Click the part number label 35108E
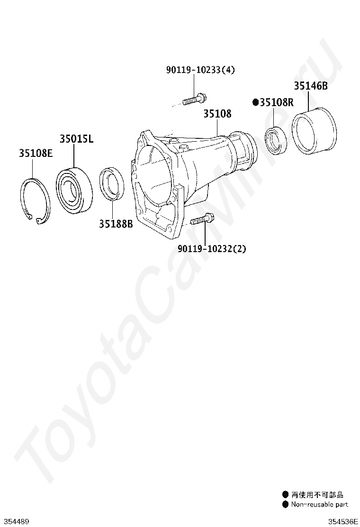36,153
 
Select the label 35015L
77,138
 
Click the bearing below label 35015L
73,190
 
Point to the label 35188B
116,224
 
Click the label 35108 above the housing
217,114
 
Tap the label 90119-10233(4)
200,70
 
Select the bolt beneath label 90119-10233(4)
194,100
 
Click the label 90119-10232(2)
212,249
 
